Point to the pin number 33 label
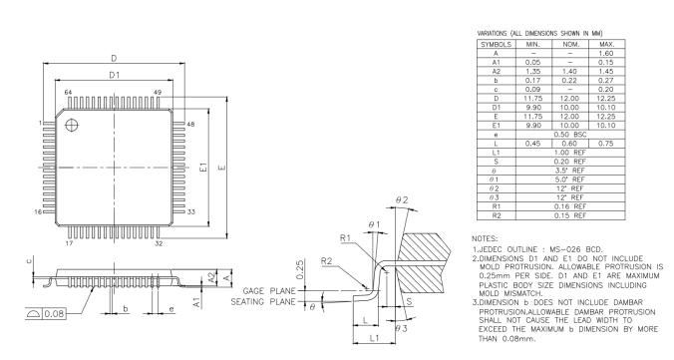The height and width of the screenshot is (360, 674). tap(190, 212)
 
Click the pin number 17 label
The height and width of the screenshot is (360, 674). tap(69, 241)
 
